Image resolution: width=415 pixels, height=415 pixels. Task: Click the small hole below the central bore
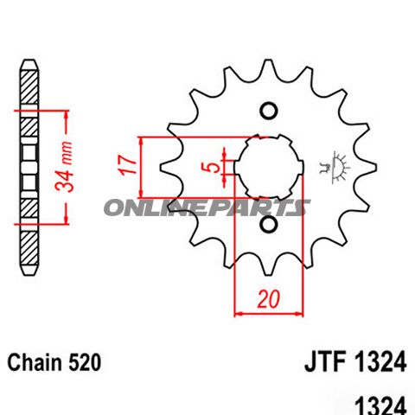coord(268,226)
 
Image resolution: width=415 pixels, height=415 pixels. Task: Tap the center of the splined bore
coord(269,167)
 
